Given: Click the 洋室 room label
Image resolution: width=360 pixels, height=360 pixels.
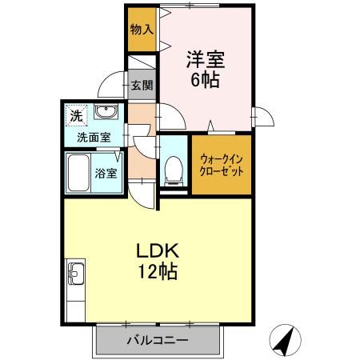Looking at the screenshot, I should pyautogui.click(x=205, y=58).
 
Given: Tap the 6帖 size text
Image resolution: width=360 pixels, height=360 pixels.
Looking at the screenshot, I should pyautogui.click(x=205, y=79).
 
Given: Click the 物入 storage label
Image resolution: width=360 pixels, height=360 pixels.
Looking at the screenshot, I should pyautogui.click(x=142, y=30).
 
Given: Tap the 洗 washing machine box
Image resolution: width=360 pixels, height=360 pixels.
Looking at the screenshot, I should pyautogui.click(x=76, y=115).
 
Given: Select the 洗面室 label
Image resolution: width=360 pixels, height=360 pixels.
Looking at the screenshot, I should pyautogui.click(x=94, y=137).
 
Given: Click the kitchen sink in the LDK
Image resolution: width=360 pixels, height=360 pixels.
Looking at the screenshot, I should pyautogui.click(x=74, y=277).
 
